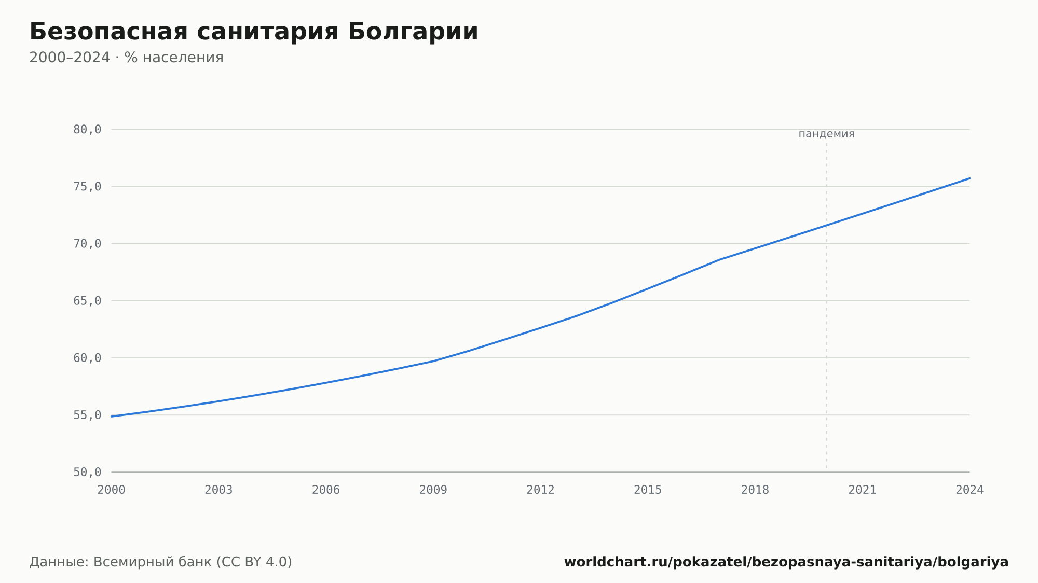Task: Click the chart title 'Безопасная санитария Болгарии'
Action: (x=254, y=32)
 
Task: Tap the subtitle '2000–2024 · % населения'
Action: (x=126, y=58)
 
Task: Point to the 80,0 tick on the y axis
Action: (x=87, y=130)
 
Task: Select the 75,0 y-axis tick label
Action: (x=87, y=187)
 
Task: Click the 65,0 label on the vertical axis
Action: (x=87, y=301)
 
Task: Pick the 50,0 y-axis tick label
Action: (x=87, y=472)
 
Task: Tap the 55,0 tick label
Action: (x=87, y=415)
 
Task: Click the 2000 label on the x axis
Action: (x=112, y=490)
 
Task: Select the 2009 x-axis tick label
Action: (x=433, y=490)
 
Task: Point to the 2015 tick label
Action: (x=648, y=490)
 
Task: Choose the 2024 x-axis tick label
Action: (x=969, y=490)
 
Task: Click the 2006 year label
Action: (x=326, y=490)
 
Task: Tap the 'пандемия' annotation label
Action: (x=826, y=134)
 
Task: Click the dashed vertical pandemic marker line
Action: (x=827, y=306)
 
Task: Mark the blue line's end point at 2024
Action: (x=969, y=178)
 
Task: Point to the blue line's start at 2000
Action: (x=112, y=417)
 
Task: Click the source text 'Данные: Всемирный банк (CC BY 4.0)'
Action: (x=161, y=562)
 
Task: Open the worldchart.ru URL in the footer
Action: (x=786, y=562)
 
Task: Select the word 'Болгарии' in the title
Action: (x=413, y=32)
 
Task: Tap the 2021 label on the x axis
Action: (x=863, y=490)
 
